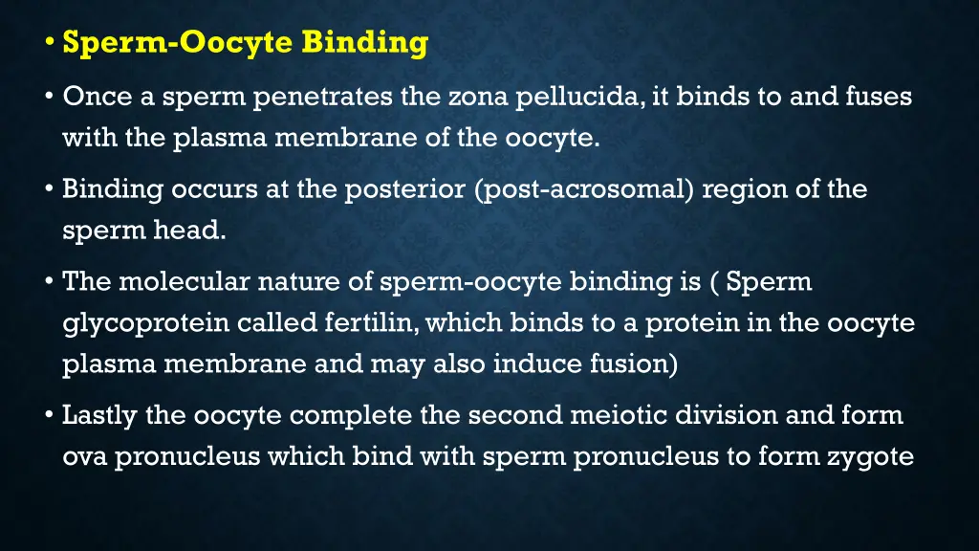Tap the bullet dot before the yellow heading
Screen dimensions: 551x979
[50, 44]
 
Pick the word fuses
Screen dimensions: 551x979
[880, 97]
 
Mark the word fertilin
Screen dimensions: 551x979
[369, 323]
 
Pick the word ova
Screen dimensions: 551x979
[85, 457]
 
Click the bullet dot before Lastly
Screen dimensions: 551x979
[50, 417]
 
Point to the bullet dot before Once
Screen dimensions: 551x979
[50, 99]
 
